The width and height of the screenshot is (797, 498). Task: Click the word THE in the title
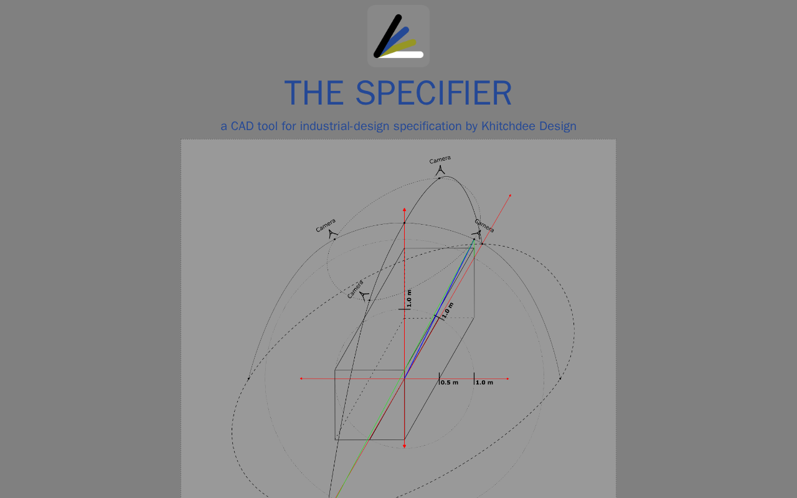(x=314, y=93)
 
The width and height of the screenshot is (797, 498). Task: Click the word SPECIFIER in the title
(x=434, y=93)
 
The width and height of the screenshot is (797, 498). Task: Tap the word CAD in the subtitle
(x=242, y=126)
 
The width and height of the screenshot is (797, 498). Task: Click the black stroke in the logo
(x=387, y=36)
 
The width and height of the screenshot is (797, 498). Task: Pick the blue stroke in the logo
(x=394, y=41)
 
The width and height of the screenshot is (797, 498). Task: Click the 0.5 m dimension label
(x=450, y=382)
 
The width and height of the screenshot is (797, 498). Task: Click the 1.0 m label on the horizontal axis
(x=484, y=382)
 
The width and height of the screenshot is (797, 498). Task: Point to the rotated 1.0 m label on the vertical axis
(x=409, y=298)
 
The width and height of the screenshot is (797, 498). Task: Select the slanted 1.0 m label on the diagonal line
(x=448, y=310)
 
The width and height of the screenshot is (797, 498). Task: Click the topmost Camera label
(x=440, y=159)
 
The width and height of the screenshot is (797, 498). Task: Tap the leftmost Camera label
(x=326, y=225)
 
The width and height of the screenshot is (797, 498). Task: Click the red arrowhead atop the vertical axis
(x=404, y=210)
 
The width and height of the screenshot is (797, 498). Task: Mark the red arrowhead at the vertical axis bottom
(x=404, y=446)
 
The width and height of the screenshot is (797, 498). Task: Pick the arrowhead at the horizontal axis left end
(x=301, y=378)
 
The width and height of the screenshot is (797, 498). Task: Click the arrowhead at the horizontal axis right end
(x=507, y=379)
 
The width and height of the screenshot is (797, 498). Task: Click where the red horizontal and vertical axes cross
(x=404, y=379)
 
